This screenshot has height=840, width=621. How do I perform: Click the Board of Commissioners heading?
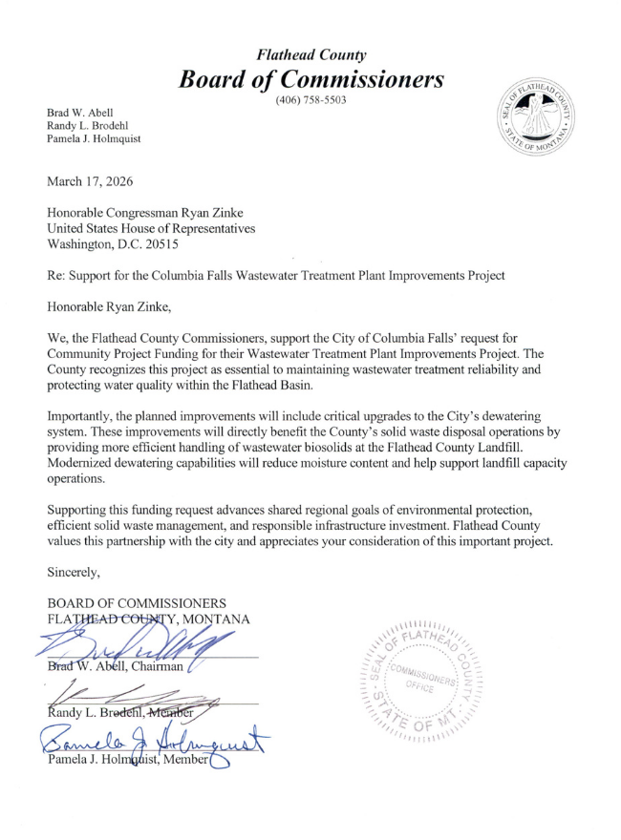pyautogui.click(x=310, y=79)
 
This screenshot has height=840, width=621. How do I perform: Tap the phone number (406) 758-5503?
pyautogui.click(x=310, y=100)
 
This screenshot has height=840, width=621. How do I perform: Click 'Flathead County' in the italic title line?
pyautogui.click(x=310, y=55)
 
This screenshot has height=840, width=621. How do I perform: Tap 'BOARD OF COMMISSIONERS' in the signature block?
pyautogui.click(x=137, y=603)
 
